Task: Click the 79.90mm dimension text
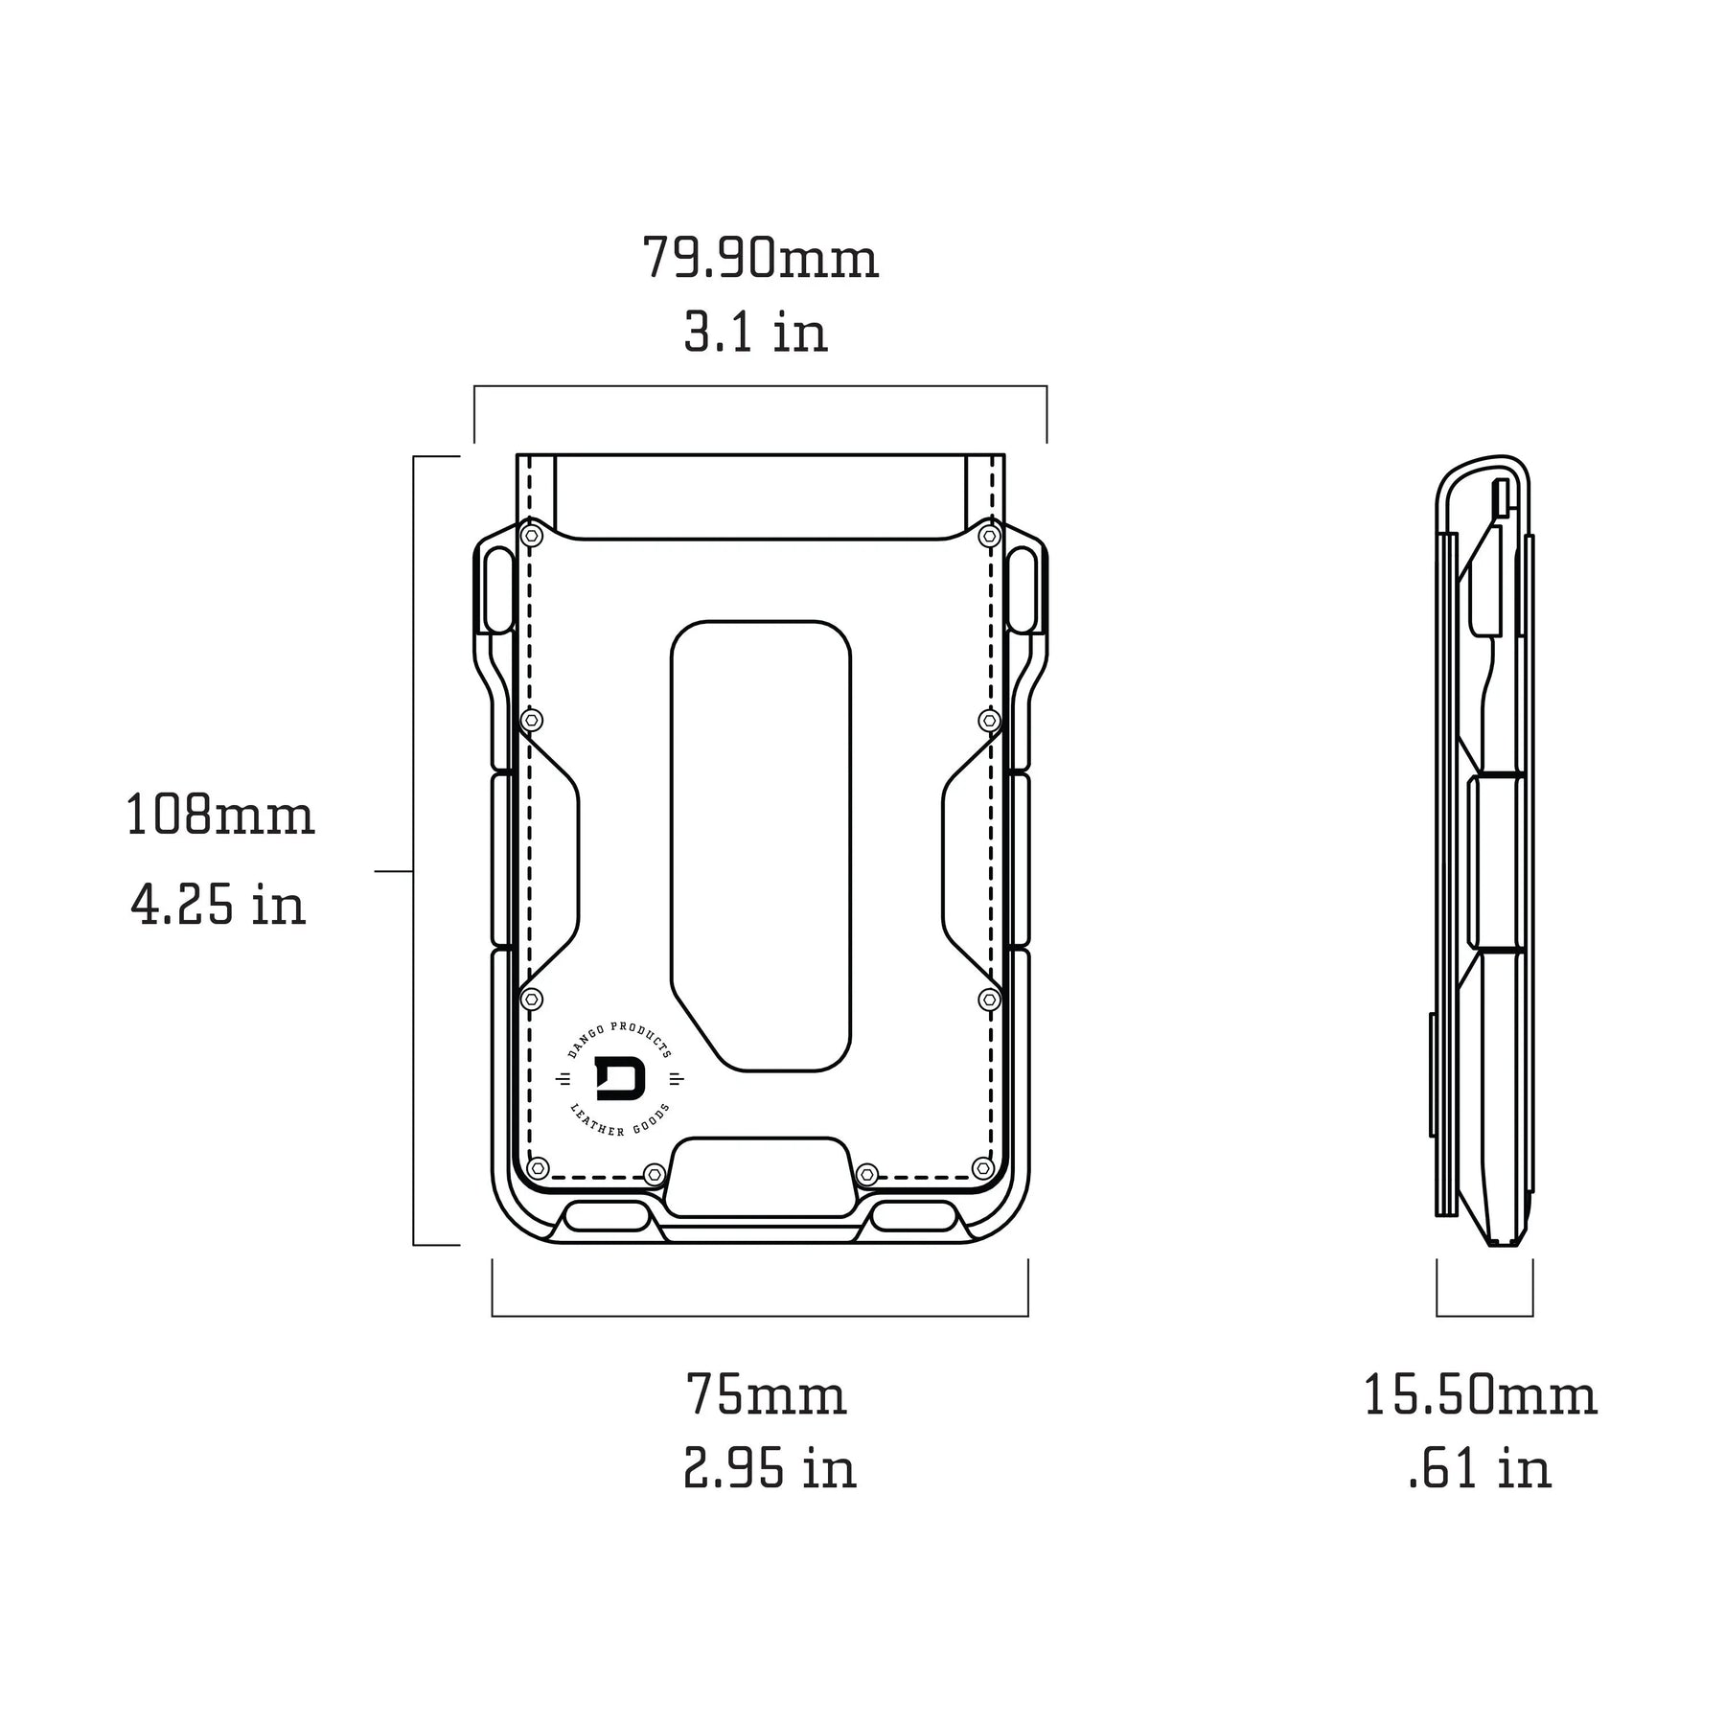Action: pyautogui.click(x=760, y=259)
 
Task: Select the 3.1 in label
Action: pyautogui.click(x=755, y=333)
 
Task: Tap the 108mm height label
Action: pyautogui.click(x=220, y=816)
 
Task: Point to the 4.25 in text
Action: pyautogui.click(x=218, y=905)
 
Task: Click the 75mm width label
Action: pyautogui.click(x=766, y=1395)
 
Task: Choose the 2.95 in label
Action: pyautogui.click(x=770, y=1468)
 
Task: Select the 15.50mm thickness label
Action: pyautogui.click(x=1480, y=1395)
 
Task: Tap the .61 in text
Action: pyautogui.click(x=1480, y=1468)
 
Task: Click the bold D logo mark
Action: pyautogui.click(x=620, y=1080)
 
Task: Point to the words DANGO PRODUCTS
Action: pyautogui.click(x=619, y=1038)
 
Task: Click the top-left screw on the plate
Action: pyautogui.click(x=531, y=536)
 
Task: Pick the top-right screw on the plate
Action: pyautogui.click(x=989, y=536)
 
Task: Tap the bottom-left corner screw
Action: pyautogui.click(x=538, y=1168)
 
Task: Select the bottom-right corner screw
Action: pyautogui.click(x=982, y=1168)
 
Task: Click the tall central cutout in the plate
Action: pyautogui.click(x=761, y=843)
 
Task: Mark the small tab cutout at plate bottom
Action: pyautogui.click(x=760, y=1176)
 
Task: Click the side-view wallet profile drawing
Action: pyautogui.click(x=1484, y=853)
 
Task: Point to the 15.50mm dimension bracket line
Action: pyautogui.click(x=1484, y=1315)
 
